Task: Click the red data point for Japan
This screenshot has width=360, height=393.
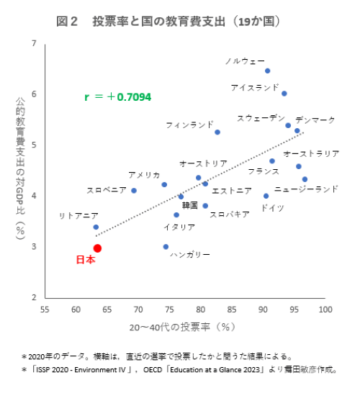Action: click(97, 248)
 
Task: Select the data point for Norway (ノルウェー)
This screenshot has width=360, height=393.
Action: click(267, 71)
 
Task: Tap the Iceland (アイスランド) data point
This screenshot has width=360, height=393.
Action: click(284, 94)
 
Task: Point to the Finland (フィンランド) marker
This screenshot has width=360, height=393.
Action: click(217, 132)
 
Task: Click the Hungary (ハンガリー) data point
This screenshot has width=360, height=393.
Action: click(166, 247)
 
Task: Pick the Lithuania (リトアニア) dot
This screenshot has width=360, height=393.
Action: click(96, 227)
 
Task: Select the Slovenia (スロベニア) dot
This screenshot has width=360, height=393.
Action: click(134, 191)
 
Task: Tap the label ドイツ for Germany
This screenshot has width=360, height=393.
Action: click(272, 208)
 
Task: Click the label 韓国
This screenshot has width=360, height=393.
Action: click(190, 205)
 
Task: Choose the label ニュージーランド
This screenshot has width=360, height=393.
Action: click(306, 189)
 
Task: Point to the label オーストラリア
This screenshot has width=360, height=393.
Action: click(311, 153)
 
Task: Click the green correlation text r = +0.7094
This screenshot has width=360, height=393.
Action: click(118, 96)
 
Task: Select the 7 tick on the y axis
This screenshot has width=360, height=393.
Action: click(35, 44)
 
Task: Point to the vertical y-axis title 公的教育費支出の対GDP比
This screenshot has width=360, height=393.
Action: click(20, 169)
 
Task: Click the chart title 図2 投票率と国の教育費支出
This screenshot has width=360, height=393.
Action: click(168, 22)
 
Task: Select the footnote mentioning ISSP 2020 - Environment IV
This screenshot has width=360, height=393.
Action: click(180, 370)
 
